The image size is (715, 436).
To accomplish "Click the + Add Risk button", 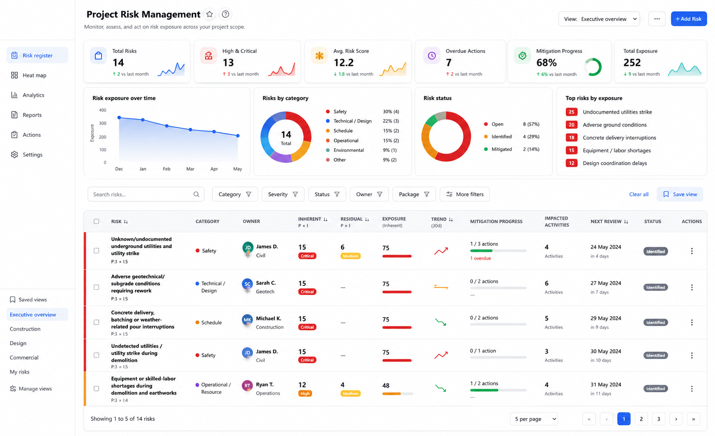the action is click(x=688, y=19).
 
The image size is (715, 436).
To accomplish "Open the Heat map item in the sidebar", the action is click(x=34, y=75).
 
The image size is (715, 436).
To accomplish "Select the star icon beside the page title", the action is click(x=209, y=14).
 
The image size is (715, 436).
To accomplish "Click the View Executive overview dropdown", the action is click(x=599, y=19).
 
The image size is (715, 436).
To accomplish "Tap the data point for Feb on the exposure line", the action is click(x=167, y=126).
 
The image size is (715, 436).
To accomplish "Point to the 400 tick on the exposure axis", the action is click(x=102, y=110).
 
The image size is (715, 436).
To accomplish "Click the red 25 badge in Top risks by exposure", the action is click(x=571, y=112).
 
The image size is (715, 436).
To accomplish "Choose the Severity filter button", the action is click(x=283, y=194).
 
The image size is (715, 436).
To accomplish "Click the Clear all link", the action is click(x=638, y=194).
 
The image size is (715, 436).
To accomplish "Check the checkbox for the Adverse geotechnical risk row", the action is click(x=97, y=287).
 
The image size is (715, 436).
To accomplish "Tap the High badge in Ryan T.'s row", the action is click(x=305, y=394).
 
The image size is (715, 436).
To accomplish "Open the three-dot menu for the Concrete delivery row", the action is click(x=692, y=322).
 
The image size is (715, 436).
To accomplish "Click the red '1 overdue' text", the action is click(x=480, y=258).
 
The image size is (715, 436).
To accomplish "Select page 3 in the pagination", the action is click(x=658, y=419).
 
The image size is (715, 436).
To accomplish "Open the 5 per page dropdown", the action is click(x=534, y=419).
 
